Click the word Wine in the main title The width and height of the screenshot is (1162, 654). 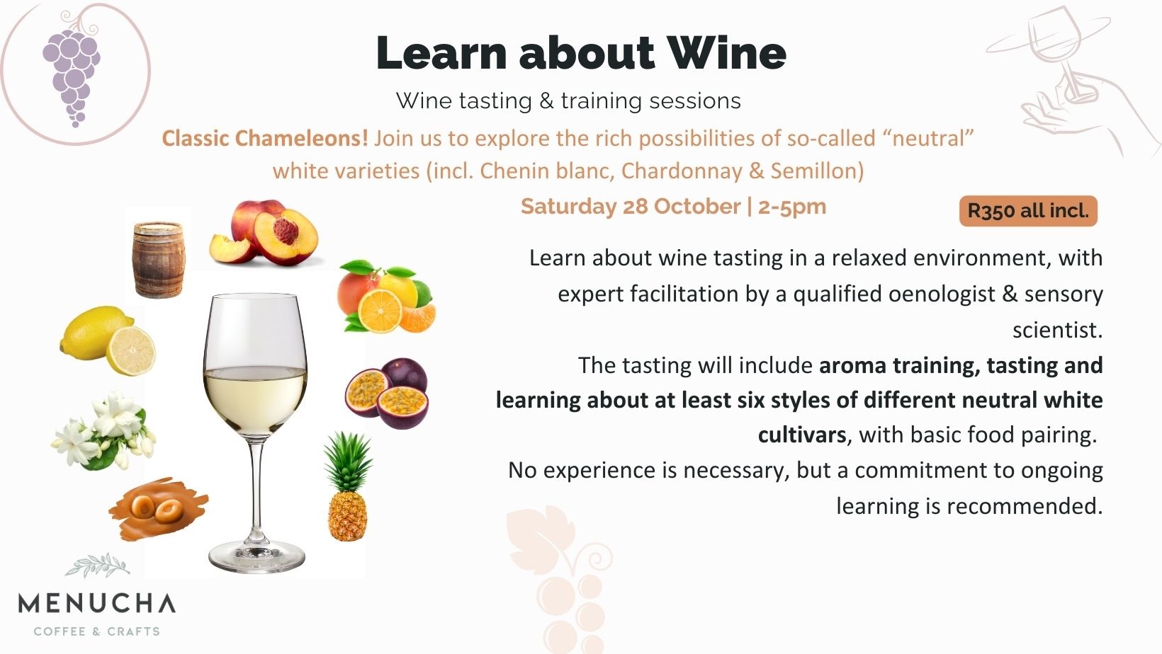point(726,53)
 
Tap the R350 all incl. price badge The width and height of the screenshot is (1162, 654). point(1028,211)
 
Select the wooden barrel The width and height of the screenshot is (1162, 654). point(159,260)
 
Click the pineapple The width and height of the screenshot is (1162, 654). point(348,486)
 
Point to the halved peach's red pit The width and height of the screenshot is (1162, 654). point(286,231)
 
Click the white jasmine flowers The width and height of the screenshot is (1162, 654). point(103,431)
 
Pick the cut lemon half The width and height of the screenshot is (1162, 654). point(130,350)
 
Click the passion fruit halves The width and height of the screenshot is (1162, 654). point(387,394)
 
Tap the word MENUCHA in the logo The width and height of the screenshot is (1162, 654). point(97,603)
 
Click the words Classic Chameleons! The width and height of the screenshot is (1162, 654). point(265,138)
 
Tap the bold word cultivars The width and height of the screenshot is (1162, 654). point(802,435)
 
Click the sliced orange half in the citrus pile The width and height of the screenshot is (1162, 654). point(380,311)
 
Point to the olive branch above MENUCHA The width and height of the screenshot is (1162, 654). point(98,565)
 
